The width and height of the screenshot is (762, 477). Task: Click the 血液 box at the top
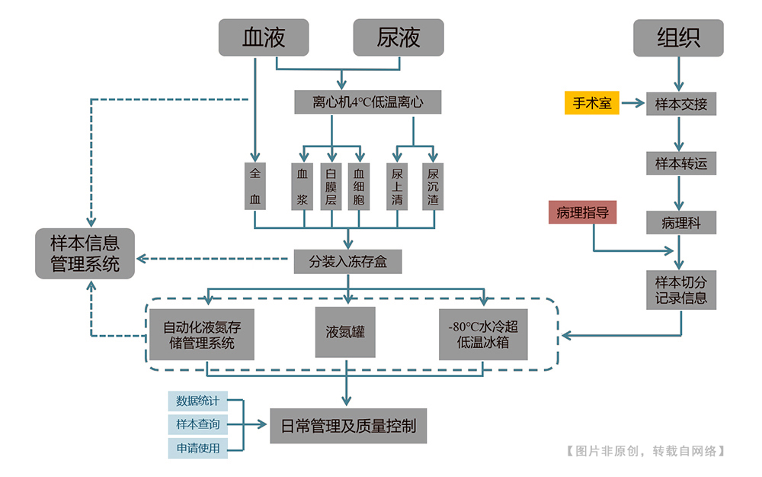pyautogui.click(x=264, y=37)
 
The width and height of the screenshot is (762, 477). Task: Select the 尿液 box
pyautogui.click(x=398, y=37)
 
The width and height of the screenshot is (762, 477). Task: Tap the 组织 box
pyautogui.click(x=678, y=37)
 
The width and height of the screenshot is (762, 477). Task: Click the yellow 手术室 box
pyautogui.click(x=592, y=103)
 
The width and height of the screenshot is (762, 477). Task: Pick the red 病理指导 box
pyautogui.click(x=582, y=213)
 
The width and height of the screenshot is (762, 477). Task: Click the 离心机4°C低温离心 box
pyautogui.click(x=368, y=102)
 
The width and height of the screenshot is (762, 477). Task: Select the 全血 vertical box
pyautogui.click(x=255, y=185)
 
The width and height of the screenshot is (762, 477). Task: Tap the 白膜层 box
pyautogui.click(x=331, y=185)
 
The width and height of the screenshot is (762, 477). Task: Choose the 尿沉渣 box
pyautogui.click(x=433, y=185)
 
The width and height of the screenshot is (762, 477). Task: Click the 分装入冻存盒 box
pyautogui.click(x=347, y=261)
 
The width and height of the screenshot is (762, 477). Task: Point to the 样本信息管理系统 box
pyautogui.click(x=85, y=253)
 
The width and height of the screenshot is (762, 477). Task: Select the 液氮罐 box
pyautogui.click(x=345, y=333)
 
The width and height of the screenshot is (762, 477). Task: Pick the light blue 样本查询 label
pyautogui.click(x=197, y=424)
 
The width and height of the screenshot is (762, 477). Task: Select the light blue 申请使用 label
pyautogui.click(x=197, y=448)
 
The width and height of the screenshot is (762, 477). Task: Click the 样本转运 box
pyautogui.click(x=681, y=163)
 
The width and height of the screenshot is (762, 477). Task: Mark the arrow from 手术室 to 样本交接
pyautogui.click(x=632, y=103)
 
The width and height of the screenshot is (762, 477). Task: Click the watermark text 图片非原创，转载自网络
pyautogui.click(x=646, y=451)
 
